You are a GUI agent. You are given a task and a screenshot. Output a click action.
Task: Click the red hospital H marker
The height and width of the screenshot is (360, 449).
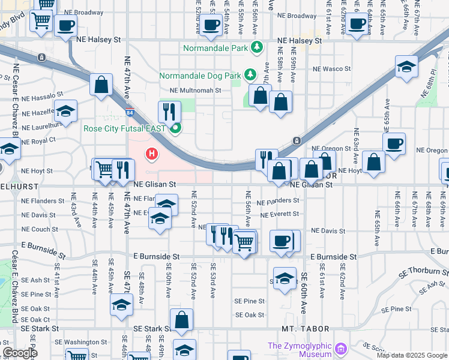pos(152,155)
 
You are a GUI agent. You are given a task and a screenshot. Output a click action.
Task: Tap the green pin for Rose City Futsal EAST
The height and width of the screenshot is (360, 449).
pos(175,128)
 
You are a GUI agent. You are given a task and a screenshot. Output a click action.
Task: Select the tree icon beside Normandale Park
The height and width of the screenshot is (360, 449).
pos(257,46)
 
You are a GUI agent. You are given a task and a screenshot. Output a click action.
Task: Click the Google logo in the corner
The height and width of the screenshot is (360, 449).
pos(20,353)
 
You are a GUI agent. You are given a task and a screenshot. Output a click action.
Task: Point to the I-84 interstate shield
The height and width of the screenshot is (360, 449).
pos(131,112)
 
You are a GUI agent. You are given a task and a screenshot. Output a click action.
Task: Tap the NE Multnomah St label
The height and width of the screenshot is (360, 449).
pos(196,91)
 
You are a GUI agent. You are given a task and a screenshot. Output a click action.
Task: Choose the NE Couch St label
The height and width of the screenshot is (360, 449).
pos(40,229)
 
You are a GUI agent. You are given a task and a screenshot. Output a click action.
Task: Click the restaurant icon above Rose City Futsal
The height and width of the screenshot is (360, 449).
pos(169,111)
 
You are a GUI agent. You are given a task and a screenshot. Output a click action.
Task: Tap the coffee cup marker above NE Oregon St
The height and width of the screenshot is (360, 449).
pos(394,144)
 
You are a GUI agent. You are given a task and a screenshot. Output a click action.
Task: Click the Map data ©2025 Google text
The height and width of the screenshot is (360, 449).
pos(412,355)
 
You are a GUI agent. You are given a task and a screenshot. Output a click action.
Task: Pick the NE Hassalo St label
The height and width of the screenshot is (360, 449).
pos(42,97)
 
